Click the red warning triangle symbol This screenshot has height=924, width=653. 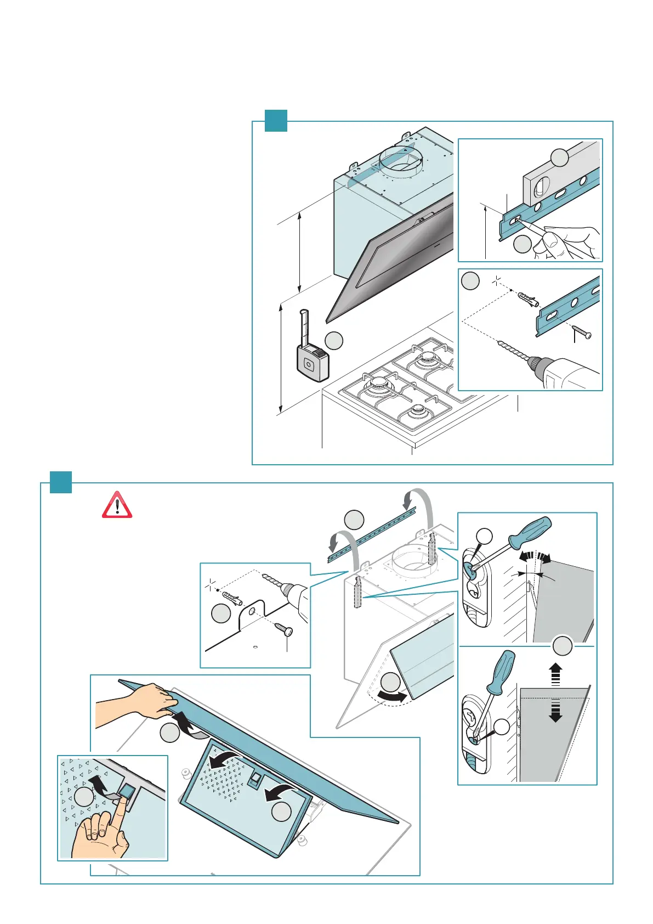point(117,505)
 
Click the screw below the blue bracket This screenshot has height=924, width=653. point(581,332)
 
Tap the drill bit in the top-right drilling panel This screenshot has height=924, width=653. point(513,351)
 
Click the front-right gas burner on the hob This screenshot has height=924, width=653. point(419,411)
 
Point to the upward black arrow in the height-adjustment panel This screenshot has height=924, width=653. point(555,673)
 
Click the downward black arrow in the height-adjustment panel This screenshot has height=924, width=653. point(555,712)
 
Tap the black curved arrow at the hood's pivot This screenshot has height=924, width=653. point(393,698)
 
